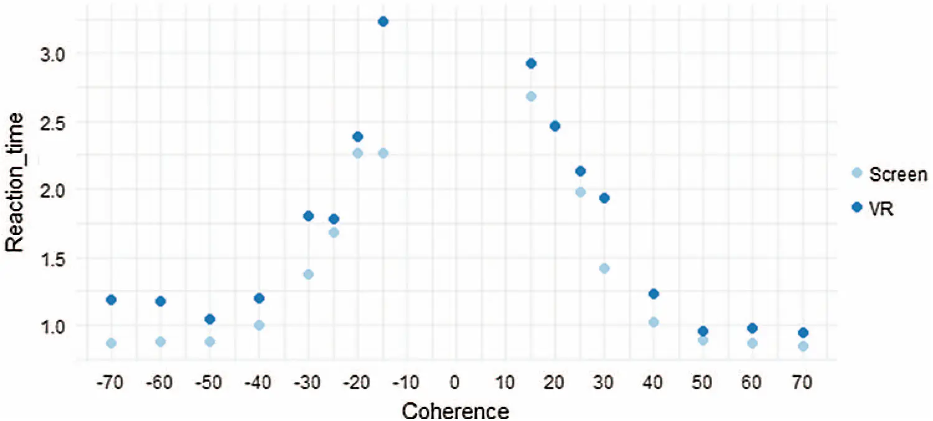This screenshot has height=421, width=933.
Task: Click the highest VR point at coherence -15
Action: point(383,22)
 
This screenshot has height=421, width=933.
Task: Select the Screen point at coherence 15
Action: point(531,96)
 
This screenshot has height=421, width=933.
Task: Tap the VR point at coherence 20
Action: point(555,126)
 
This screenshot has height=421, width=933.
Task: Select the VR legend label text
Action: point(883,209)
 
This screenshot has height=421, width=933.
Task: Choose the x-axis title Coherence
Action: point(456,410)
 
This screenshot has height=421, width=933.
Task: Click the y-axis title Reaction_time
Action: point(16,190)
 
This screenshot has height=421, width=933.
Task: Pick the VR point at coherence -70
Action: point(111,300)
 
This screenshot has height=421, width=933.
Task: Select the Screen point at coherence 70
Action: point(803,346)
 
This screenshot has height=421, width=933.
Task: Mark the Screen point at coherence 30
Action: point(604,269)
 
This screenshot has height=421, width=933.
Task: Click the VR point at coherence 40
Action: point(654,294)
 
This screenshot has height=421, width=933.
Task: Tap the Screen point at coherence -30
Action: point(308,274)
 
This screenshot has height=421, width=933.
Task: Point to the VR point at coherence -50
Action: point(210,319)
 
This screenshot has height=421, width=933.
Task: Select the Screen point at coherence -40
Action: point(260,325)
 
